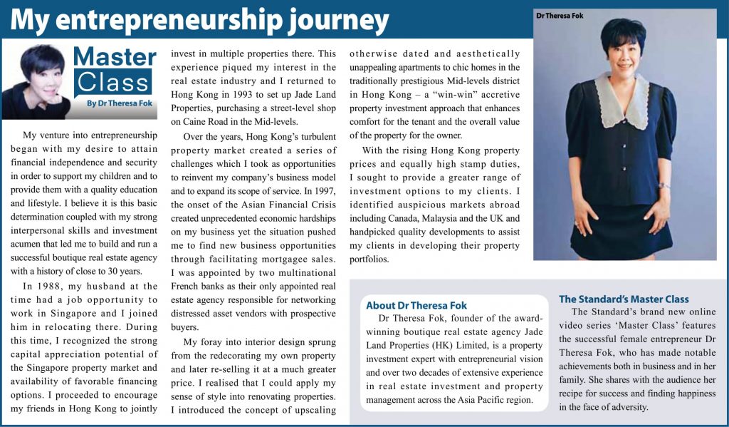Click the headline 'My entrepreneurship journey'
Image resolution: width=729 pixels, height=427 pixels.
coord(199,20)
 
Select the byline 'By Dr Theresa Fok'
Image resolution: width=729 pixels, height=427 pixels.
coord(120,103)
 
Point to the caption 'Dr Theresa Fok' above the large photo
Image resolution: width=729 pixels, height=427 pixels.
coord(560,15)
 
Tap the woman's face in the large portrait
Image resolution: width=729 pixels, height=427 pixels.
coord(621,53)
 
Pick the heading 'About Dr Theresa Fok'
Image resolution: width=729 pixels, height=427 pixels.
coord(416,305)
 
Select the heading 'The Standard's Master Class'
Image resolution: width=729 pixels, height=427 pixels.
coord(624,299)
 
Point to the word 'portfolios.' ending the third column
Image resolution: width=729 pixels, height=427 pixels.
coord(369,259)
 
